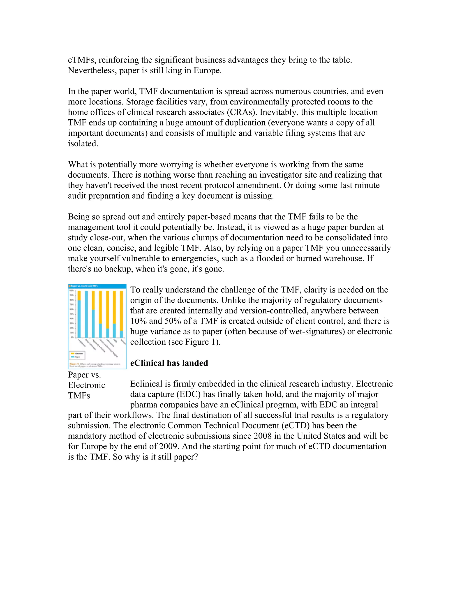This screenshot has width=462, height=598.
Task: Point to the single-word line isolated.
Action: (83, 144)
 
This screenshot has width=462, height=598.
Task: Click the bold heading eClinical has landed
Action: (169, 363)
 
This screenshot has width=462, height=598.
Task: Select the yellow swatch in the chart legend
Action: (73, 353)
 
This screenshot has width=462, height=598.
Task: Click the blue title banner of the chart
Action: (97, 286)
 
